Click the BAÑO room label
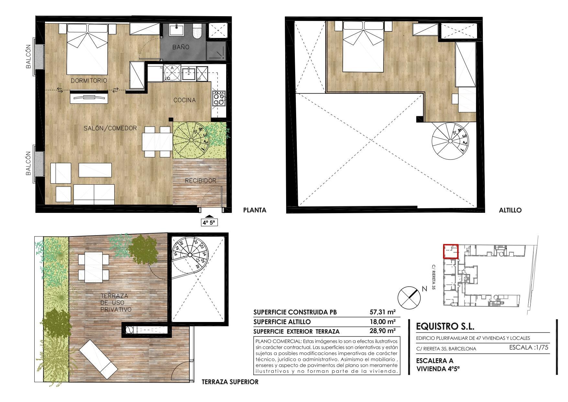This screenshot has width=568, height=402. [181, 47]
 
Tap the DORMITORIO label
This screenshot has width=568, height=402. [89, 80]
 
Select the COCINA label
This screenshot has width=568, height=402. [184, 100]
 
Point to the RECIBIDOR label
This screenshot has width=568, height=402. [200, 181]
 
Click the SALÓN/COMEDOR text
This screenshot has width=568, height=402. [110, 128]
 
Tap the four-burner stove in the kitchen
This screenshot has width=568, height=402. [219, 99]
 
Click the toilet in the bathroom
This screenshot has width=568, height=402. [197, 31]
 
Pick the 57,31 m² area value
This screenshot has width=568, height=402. [383, 312]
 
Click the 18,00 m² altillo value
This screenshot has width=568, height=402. [383, 322]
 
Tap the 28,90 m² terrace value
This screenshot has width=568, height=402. [383, 331]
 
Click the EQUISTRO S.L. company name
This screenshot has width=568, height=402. [445, 327]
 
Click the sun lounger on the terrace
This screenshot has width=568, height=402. [99, 357]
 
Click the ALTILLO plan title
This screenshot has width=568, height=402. [510, 210]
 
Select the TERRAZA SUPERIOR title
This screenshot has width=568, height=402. [230, 382]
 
